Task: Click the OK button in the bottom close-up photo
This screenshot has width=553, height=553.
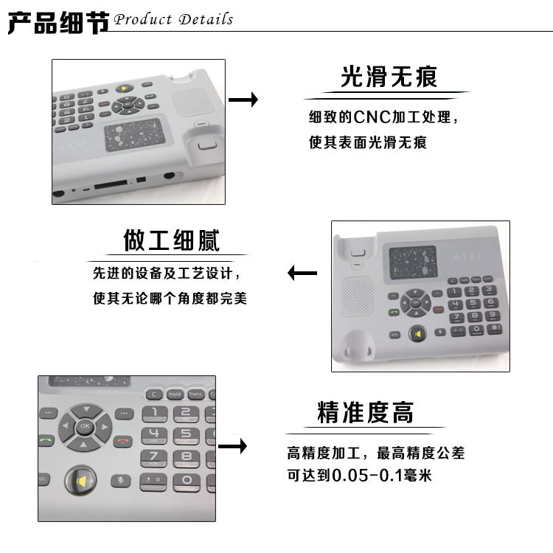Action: point(85,425)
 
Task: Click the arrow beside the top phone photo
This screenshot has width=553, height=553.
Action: point(243,100)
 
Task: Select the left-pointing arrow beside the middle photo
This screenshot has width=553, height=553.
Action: point(302,274)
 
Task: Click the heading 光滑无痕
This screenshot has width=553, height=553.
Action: point(389,77)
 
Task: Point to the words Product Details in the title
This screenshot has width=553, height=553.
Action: point(174,19)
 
